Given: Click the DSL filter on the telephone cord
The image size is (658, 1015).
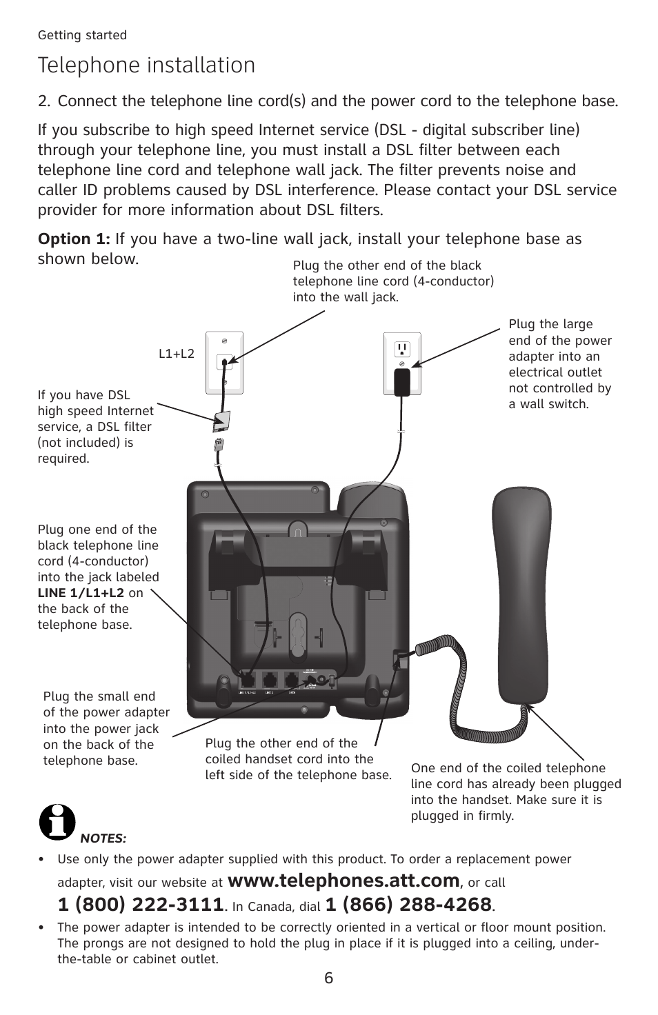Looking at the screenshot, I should point(223,419).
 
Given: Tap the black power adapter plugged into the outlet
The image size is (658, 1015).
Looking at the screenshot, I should point(401,381).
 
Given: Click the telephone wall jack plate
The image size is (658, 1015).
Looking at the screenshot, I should point(225,363).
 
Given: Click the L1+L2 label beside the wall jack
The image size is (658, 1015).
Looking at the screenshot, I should point(177,354).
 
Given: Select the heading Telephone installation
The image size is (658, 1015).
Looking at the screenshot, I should point(147,66).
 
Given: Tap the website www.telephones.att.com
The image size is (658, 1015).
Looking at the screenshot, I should point(343,881).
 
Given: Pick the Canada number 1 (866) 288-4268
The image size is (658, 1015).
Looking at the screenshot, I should point(408,904).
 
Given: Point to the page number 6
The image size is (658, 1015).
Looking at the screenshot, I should point(329,978).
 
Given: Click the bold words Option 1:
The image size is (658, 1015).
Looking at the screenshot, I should point(74,239).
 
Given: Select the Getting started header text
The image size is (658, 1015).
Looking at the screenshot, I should point(82,35).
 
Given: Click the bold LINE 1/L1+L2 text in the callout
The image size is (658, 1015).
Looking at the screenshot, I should point(81,593).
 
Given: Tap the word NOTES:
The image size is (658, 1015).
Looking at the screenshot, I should point(103,838).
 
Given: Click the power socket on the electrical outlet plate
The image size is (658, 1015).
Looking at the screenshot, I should point(402,349).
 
